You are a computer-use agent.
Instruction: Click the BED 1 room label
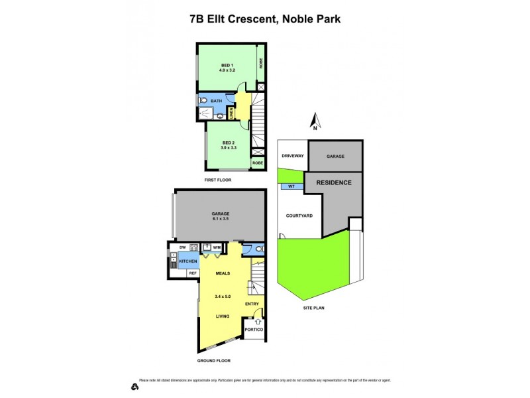click(227, 64)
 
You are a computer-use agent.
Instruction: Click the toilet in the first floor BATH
click(203, 101)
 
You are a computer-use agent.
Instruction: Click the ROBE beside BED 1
click(261, 64)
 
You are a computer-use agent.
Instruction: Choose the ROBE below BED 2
click(257, 163)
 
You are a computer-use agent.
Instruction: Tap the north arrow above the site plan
click(316, 122)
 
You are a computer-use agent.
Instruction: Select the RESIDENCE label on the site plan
click(333, 182)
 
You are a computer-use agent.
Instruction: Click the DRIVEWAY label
click(292, 156)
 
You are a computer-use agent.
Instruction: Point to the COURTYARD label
click(299, 216)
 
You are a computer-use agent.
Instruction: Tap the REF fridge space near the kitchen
click(193, 273)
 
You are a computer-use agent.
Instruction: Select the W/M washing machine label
click(217, 247)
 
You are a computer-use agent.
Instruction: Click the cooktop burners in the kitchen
click(194, 248)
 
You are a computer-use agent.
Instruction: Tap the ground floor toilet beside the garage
click(258, 249)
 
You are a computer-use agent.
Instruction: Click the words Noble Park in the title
click(311, 19)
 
